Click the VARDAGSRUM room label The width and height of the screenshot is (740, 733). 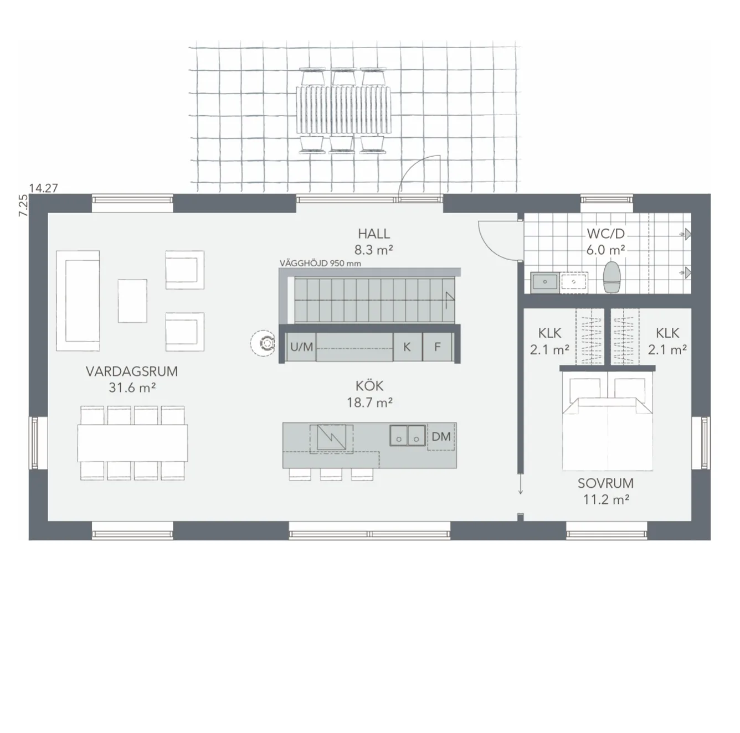point(132,371)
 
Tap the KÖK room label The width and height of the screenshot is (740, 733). point(369,386)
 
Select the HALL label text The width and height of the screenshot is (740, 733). point(374,234)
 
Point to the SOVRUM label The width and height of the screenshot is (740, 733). point(605,483)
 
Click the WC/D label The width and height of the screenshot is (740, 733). point(605,234)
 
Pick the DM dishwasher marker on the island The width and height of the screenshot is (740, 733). point(441,437)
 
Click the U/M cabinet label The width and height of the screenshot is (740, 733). point(302,347)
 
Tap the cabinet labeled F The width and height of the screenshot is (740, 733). point(437,347)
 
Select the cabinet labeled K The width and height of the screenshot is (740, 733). point(407,347)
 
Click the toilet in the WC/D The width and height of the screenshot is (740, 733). point(613,277)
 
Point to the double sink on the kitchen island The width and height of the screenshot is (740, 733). point(408,435)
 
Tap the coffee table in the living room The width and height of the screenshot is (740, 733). point(132,301)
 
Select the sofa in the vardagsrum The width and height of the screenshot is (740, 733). point(78,301)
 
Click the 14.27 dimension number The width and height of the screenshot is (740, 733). point(43,188)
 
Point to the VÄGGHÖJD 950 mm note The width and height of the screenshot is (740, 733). point(320,264)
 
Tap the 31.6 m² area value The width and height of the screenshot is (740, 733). point(132,388)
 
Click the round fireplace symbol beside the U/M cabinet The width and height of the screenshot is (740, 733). point(263,342)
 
